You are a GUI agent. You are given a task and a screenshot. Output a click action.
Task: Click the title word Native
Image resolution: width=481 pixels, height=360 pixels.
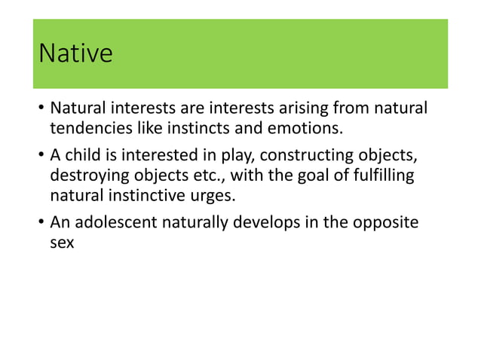[x=75, y=54]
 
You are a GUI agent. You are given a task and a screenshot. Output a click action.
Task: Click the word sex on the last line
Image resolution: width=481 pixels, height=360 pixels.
[x=63, y=243]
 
